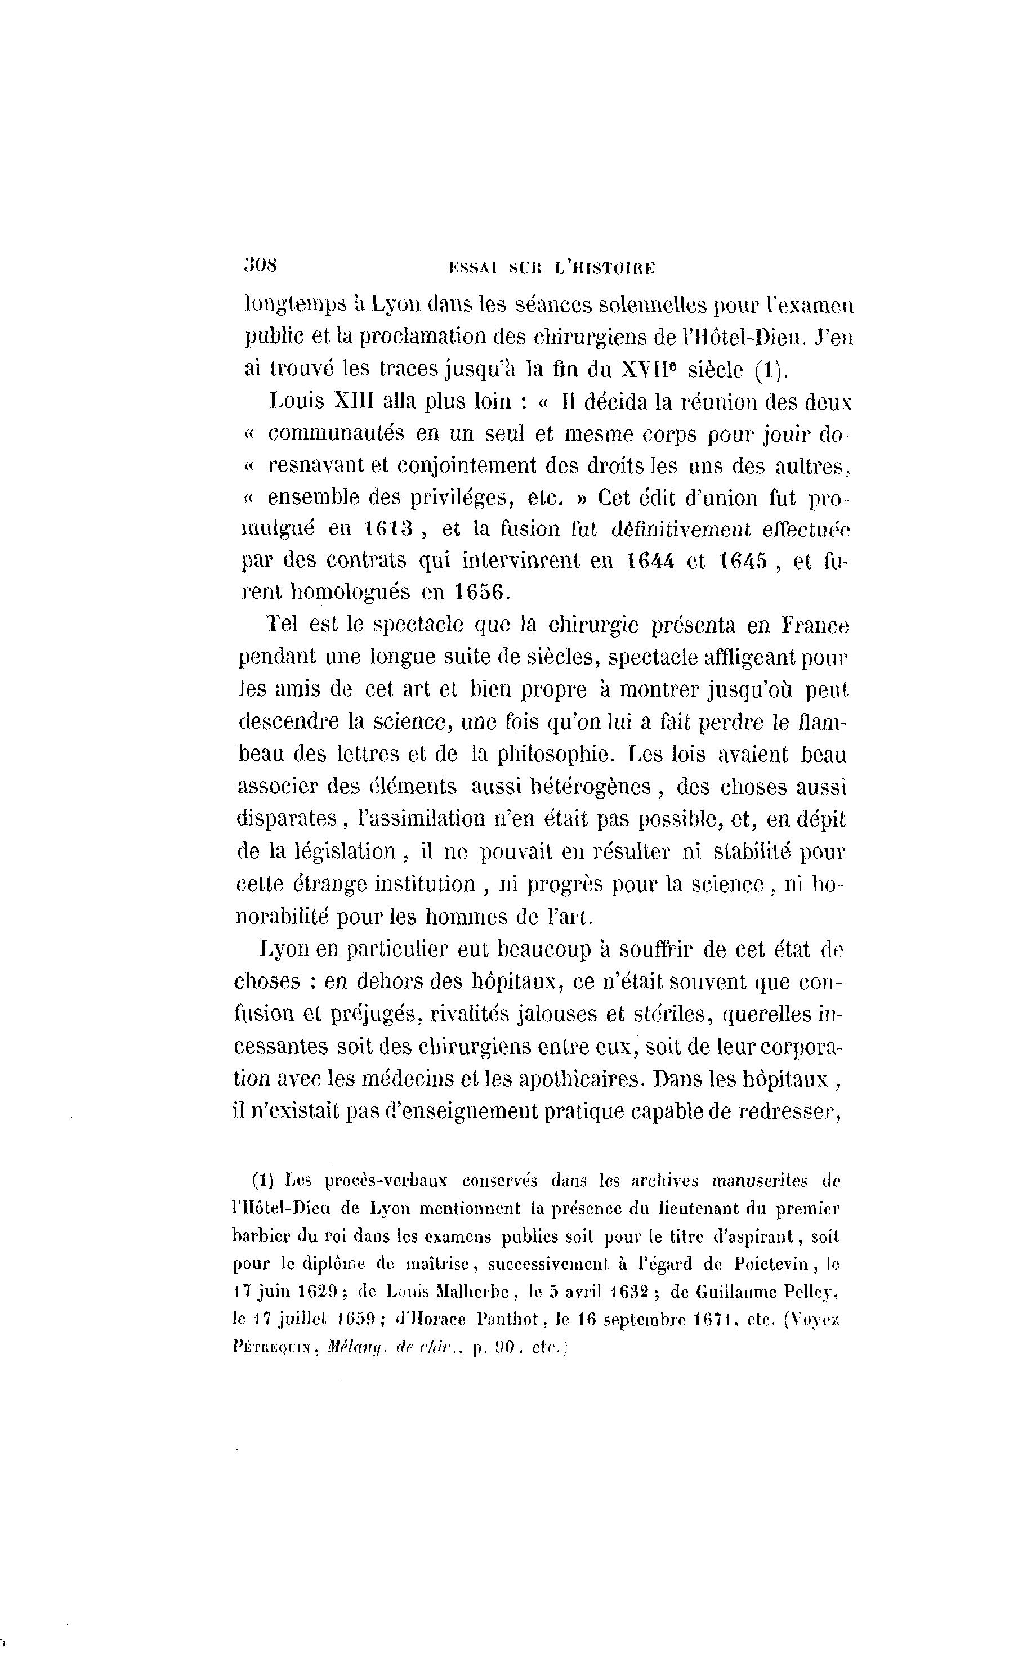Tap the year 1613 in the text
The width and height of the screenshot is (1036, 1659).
click(x=388, y=528)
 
